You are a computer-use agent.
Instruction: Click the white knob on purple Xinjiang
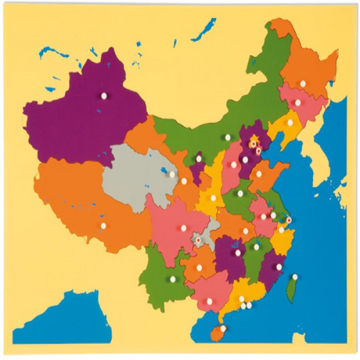[104, 95]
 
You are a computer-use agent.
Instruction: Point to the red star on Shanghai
[289, 220]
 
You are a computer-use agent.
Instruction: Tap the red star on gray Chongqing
[198, 240]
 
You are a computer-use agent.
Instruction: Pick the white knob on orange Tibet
[103, 226]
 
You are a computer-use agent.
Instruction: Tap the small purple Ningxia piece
[198, 168]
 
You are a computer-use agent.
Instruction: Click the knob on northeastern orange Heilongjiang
[303, 83]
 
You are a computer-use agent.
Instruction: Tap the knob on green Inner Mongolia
[227, 137]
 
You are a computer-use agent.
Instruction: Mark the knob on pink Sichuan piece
[184, 227]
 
